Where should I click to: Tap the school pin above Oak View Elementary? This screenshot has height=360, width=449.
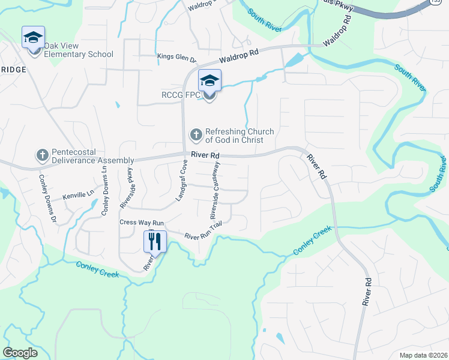(x=34, y=38)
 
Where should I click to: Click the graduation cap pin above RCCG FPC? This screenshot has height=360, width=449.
(x=209, y=80)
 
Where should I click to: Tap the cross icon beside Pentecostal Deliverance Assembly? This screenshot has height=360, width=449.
(x=43, y=156)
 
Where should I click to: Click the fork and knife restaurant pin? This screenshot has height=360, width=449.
(x=155, y=242)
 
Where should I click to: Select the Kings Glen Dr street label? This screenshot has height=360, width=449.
(x=177, y=58)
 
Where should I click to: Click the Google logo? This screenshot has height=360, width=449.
(x=20, y=353)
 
